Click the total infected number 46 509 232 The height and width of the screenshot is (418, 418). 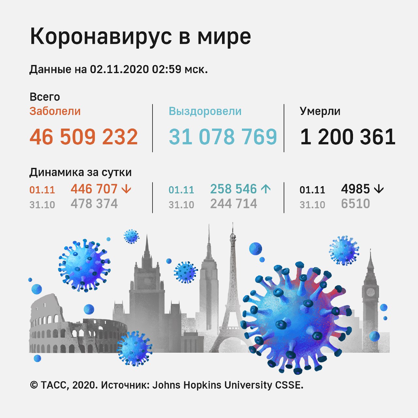coord(84,137)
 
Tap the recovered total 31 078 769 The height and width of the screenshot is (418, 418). coord(223,137)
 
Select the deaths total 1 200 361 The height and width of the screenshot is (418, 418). coord(348,137)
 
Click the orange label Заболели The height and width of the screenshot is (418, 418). coord(55,111)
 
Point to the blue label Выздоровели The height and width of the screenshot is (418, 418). coord(205,111)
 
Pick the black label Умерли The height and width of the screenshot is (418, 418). coord(320,111)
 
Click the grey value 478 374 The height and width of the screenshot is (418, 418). coord(94,204)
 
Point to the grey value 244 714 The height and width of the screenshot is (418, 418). coord(233,204)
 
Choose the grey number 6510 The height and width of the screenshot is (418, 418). coord(355,204)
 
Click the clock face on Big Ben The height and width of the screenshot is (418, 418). coord(370,291)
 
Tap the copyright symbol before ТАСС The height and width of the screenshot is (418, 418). coord(34,385)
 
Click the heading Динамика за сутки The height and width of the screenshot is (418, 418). coord(80,172)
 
